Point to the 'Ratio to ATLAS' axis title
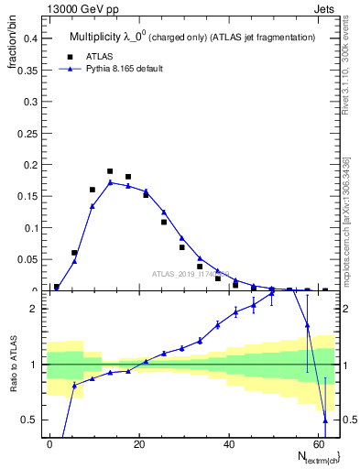(12, 387)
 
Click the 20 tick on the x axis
(139, 442)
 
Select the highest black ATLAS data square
(110, 171)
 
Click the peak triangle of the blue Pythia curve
(110, 182)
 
